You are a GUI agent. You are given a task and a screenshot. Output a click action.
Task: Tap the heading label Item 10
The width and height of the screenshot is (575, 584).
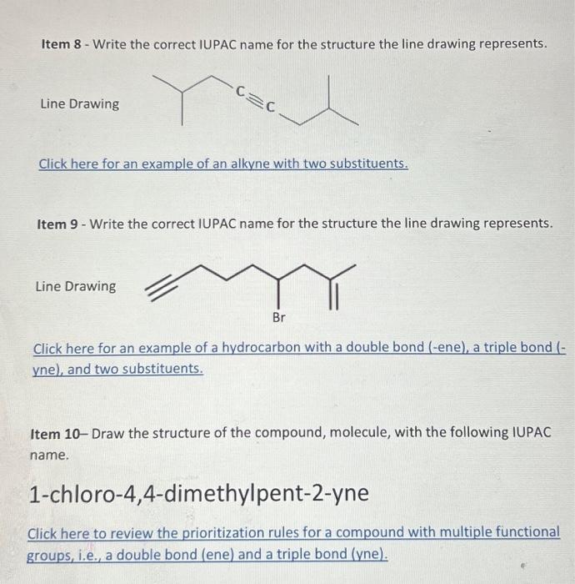click(x=56, y=433)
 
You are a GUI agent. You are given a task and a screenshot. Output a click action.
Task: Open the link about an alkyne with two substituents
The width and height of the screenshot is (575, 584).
click(x=223, y=164)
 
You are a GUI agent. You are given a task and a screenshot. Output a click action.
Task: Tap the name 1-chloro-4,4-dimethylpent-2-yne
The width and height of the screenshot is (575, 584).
click(x=198, y=493)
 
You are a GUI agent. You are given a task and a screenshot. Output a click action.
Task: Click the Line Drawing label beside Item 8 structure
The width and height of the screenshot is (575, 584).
click(x=79, y=104)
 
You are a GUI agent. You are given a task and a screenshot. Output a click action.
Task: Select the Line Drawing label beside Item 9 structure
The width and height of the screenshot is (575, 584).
click(x=76, y=286)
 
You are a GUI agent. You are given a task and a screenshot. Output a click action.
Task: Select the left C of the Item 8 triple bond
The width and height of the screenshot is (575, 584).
click(x=241, y=88)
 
